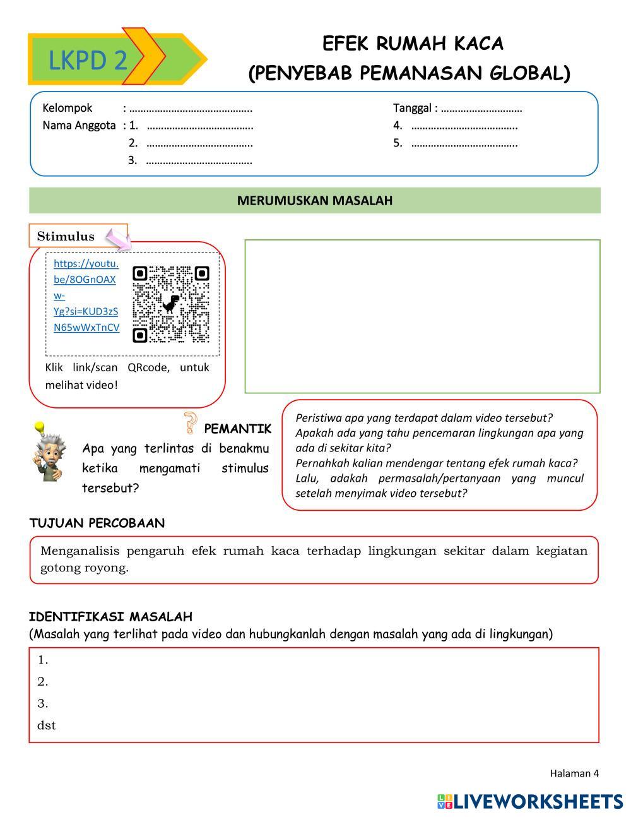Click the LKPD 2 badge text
coord(88,61)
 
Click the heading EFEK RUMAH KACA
coord(413,44)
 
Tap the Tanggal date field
coord(481,109)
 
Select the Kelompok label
coord(68,108)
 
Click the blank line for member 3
coord(199,160)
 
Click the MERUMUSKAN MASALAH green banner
coord(315,201)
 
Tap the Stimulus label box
coord(66,236)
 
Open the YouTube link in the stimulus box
coord(86,295)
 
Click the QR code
coord(170,304)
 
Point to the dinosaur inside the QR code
coord(170,304)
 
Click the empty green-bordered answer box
coord(422,316)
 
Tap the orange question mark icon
coord(189,422)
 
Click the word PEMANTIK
coord(237,429)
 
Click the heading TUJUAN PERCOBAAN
coord(97,523)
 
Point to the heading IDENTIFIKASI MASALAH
coord(110,617)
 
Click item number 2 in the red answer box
coord(43,682)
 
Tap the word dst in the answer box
coord(47,725)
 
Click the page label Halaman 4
coord(574,773)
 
